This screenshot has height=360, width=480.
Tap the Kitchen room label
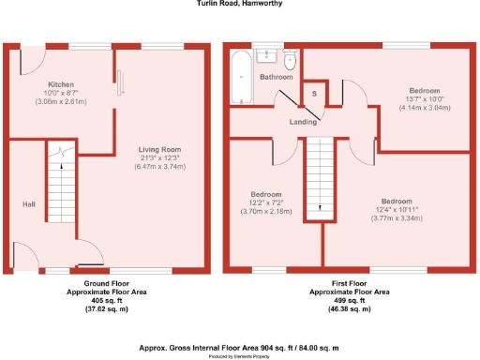[x=61, y=85]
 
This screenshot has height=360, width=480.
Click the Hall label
[x=29, y=202]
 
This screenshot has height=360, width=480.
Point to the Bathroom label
[x=277, y=77]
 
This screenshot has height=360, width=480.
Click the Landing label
[x=301, y=120]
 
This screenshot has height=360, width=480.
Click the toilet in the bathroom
[x=291, y=63]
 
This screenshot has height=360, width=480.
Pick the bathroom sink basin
[x=266, y=56]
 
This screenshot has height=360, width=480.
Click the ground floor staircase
[x=61, y=192]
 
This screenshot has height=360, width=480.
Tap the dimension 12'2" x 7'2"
[x=264, y=202]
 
